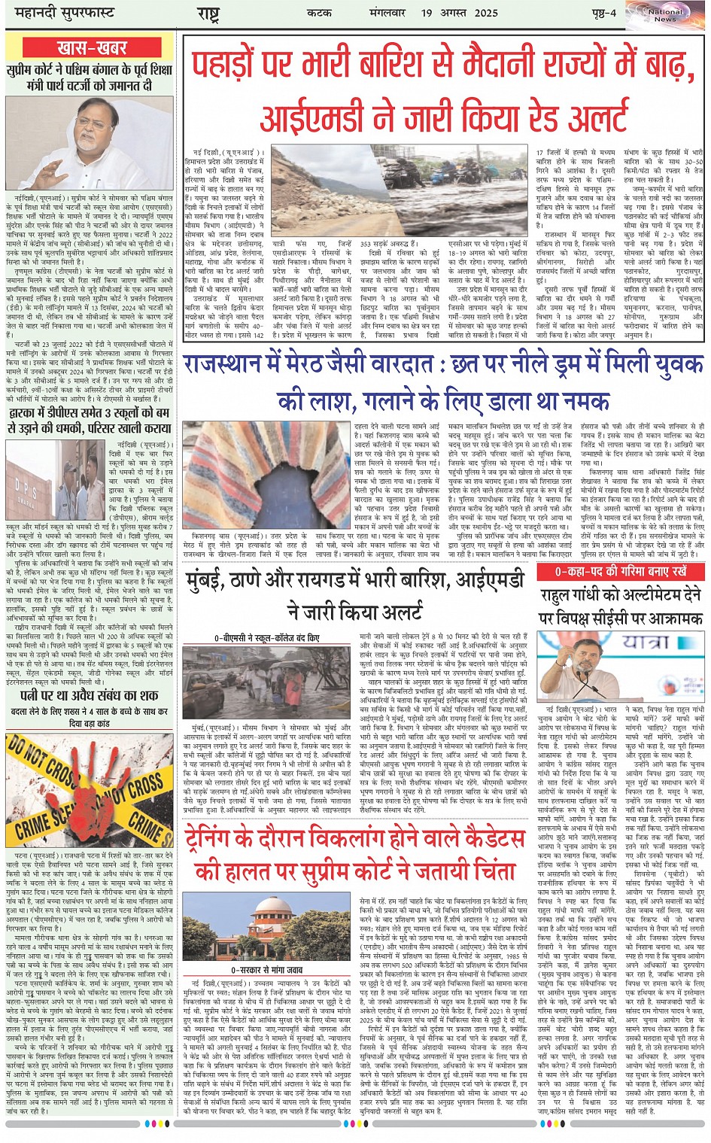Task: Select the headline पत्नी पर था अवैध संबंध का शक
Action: tap(89, 695)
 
